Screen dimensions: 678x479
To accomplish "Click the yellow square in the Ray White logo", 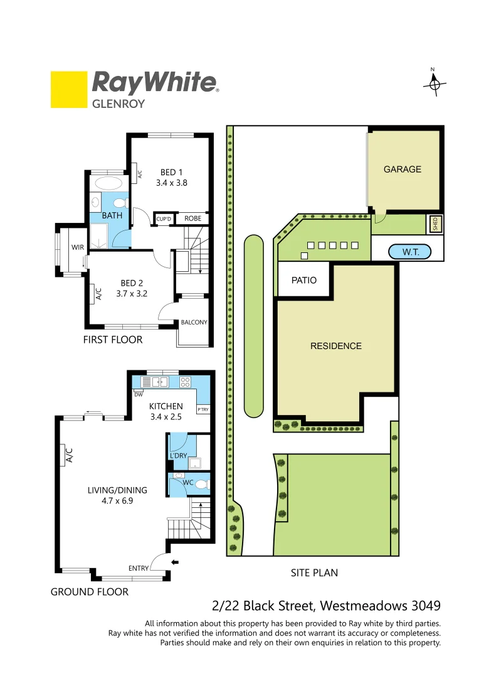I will click(68, 90).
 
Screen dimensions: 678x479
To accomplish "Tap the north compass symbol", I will click(433, 83).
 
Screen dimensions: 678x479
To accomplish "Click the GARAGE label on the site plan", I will click(402, 169).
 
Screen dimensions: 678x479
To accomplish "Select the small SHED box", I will click(436, 223).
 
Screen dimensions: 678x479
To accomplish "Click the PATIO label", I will click(304, 280).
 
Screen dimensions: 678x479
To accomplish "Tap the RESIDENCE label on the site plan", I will click(335, 346).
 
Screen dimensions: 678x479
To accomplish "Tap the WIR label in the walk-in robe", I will click(77, 247).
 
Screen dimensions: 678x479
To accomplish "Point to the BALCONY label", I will click(194, 323).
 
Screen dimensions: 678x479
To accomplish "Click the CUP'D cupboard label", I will click(164, 219).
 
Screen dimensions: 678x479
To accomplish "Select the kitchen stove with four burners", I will click(186, 381).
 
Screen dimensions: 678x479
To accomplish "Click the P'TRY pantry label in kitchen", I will click(203, 409).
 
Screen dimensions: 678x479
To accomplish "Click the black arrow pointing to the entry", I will click(175, 562).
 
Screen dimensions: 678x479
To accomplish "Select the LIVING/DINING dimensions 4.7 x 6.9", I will click(117, 502).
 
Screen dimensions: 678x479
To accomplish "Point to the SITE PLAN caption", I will click(314, 573).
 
